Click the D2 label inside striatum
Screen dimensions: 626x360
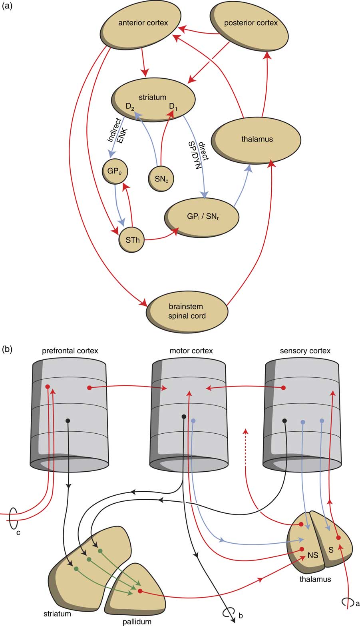tap(130, 107)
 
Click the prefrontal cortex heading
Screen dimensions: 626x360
tap(70, 351)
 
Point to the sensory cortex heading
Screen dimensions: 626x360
tap(304, 351)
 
